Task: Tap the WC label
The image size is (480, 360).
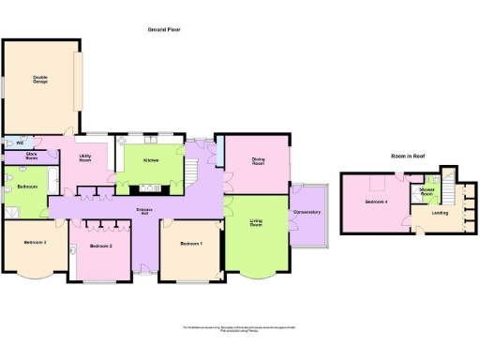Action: pos(19,142)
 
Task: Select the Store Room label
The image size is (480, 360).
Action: pos(31,157)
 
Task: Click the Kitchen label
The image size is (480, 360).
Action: pos(150,160)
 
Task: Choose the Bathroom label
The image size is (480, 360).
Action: pos(27,187)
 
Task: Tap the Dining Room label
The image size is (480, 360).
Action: pos(258,160)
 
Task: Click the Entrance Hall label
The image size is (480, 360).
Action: pos(145,211)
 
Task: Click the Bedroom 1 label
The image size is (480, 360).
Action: pos(189,244)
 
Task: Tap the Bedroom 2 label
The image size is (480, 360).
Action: pos(101,246)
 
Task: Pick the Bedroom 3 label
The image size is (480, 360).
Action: pos(32,242)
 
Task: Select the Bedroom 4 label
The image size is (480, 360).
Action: pos(377,202)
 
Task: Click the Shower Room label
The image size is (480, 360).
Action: pos(427,192)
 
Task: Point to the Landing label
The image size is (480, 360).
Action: pos(439,212)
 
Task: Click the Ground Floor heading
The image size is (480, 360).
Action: pos(164,30)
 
